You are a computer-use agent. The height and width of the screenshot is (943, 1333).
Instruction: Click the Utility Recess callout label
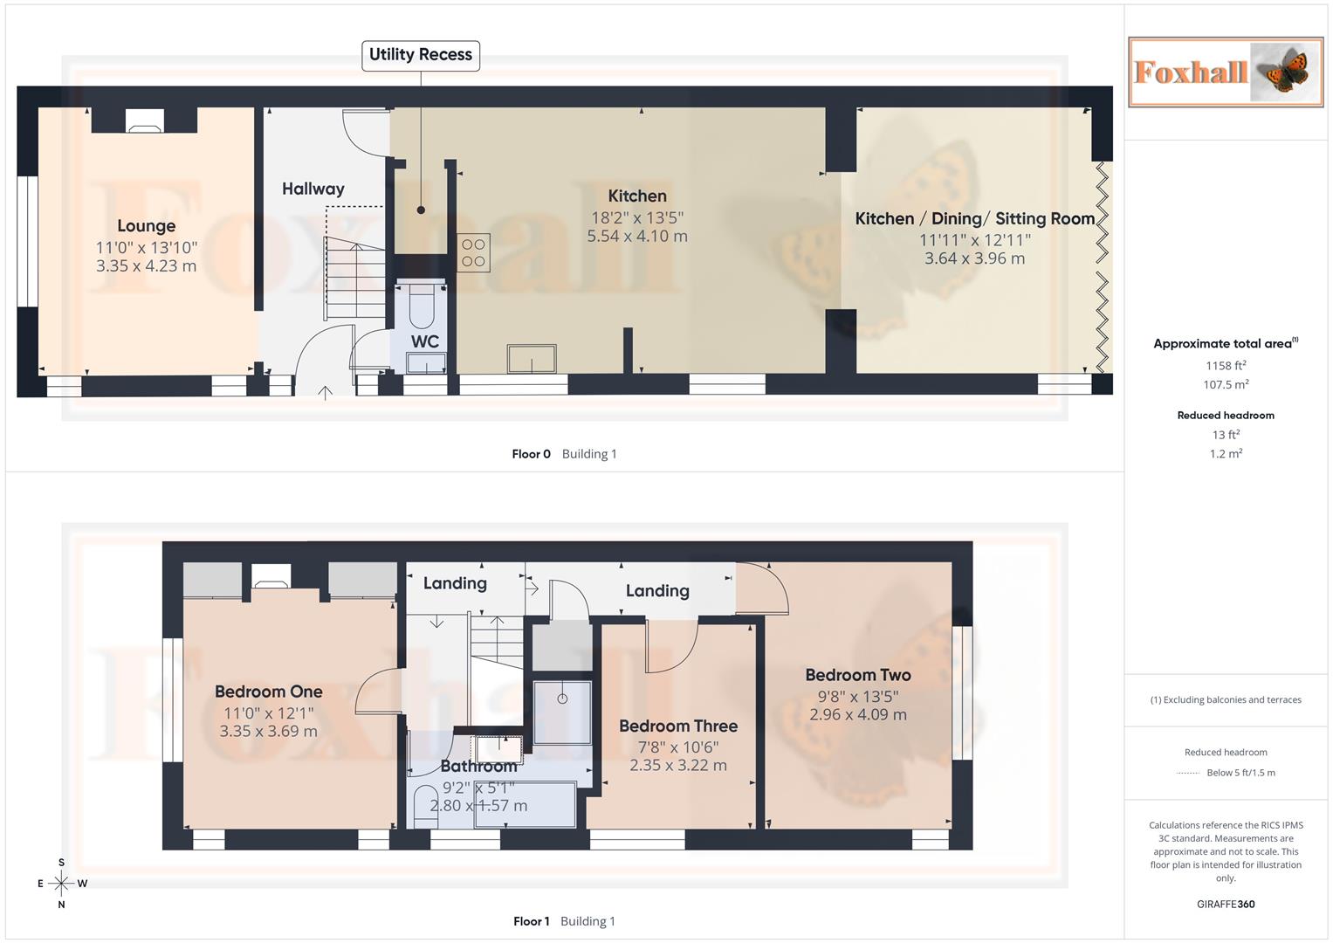click(420, 55)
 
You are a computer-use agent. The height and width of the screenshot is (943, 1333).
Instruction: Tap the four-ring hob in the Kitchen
click(473, 253)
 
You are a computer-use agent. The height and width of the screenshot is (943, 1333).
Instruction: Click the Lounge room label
click(146, 226)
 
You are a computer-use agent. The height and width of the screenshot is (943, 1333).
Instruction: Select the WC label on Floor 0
click(425, 341)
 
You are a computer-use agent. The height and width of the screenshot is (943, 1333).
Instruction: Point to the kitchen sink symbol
click(531, 359)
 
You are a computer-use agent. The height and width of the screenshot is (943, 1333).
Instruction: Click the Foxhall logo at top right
click(1225, 72)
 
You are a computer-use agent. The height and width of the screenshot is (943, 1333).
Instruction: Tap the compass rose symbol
click(61, 884)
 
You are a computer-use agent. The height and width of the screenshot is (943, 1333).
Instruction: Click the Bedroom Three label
click(678, 726)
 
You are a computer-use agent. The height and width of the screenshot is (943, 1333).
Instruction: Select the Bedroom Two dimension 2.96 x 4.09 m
click(857, 714)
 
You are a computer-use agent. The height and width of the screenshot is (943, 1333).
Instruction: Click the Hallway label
click(313, 189)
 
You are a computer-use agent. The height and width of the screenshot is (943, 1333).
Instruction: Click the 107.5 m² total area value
click(1225, 384)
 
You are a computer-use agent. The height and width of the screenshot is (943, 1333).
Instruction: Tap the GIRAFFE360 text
click(1225, 904)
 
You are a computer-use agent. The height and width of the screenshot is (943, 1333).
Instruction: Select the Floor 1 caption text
click(531, 921)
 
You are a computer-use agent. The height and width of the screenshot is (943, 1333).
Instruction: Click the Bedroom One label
click(268, 692)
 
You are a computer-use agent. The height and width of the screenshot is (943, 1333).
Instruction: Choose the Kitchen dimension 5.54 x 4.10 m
click(636, 236)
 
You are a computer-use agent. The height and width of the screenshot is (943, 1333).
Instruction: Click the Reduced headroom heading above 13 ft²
click(1225, 415)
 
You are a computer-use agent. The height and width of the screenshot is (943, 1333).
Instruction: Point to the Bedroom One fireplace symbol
click(271, 575)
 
